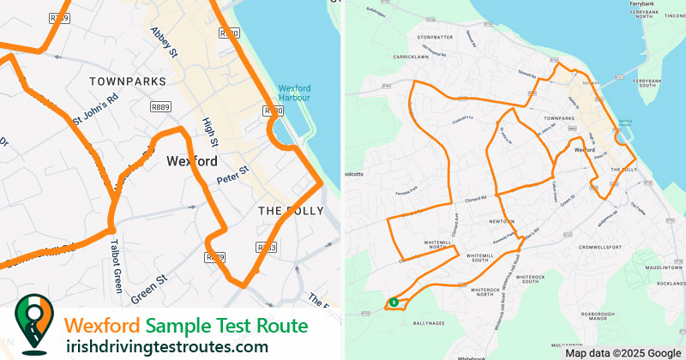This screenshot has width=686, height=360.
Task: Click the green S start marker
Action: coord(392,303)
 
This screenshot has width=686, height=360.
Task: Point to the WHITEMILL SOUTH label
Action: coord(486,257)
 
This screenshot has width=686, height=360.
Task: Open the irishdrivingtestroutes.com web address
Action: coord(167,347)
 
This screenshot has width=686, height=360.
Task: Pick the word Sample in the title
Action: coord(175,327)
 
